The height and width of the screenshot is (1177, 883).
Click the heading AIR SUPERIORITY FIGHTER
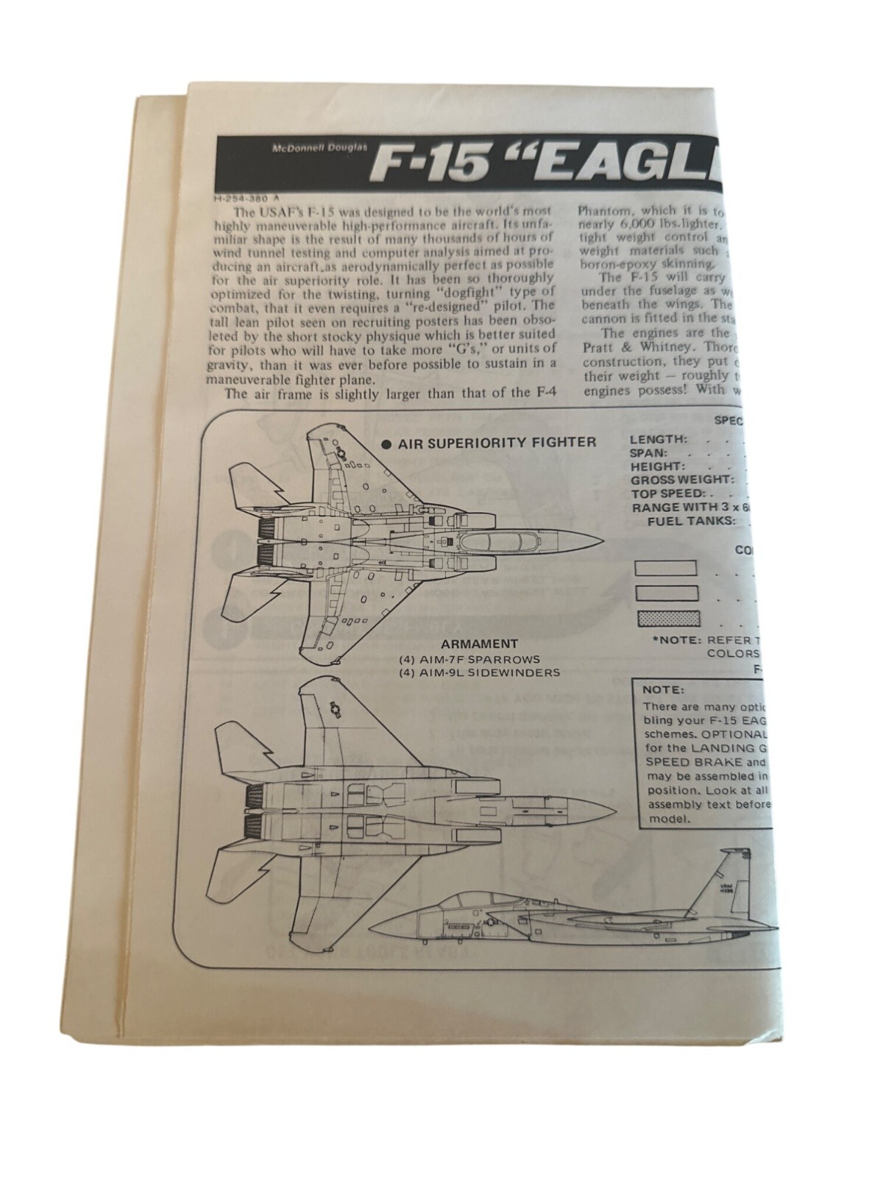coord(497,443)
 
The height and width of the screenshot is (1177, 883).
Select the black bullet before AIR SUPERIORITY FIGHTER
coord(385,444)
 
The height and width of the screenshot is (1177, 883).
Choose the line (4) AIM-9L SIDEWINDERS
coord(479,672)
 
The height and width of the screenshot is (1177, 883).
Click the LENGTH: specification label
coord(658,440)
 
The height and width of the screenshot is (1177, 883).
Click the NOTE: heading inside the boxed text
coord(663,691)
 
